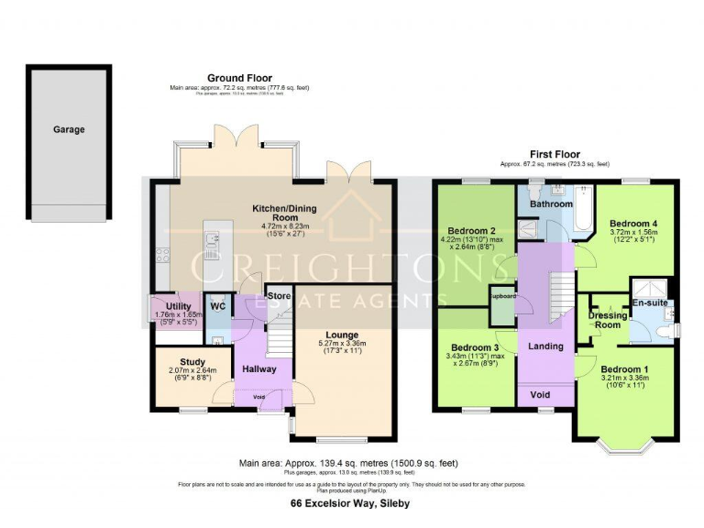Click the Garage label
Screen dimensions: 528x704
tap(69, 129)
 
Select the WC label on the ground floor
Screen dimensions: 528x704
tap(218, 305)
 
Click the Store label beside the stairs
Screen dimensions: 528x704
tap(279, 297)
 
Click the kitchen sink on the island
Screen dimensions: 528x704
tap(213, 241)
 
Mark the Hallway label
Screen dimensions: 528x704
tap(259, 368)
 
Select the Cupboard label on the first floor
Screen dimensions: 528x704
tap(502, 297)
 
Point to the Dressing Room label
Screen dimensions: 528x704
tap(605, 319)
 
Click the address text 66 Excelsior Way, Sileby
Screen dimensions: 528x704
tap(350, 504)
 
